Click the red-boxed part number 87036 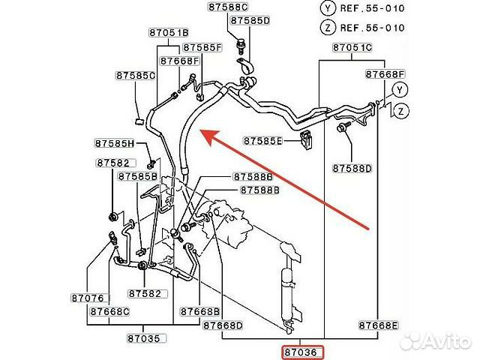pyautogui.click(x=302, y=352)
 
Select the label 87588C pyautogui.click(x=228, y=7)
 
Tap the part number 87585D pyautogui.click(x=250, y=20)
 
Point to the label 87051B pyautogui.click(x=169, y=32)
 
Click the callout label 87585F pyautogui.click(x=202, y=47)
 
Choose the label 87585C pyautogui.click(x=135, y=76)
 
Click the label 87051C pyautogui.click(x=352, y=47)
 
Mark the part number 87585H pyautogui.click(x=115, y=143)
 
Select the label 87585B pyautogui.click(x=138, y=176)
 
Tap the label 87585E pyautogui.click(x=262, y=141)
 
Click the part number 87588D pyautogui.click(x=352, y=168)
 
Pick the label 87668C pyautogui.click(x=109, y=311)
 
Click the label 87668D pyautogui.click(x=223, y=325)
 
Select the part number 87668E pyautogui.click(x=378, y=325)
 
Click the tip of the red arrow pyautogui.click(x=200, y=130)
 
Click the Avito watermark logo pyautogui.click(x=436, y=340)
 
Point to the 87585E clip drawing pyautogui.click(x=306, y=139)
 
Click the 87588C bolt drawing pyautogui.click(x=241, y=46)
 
